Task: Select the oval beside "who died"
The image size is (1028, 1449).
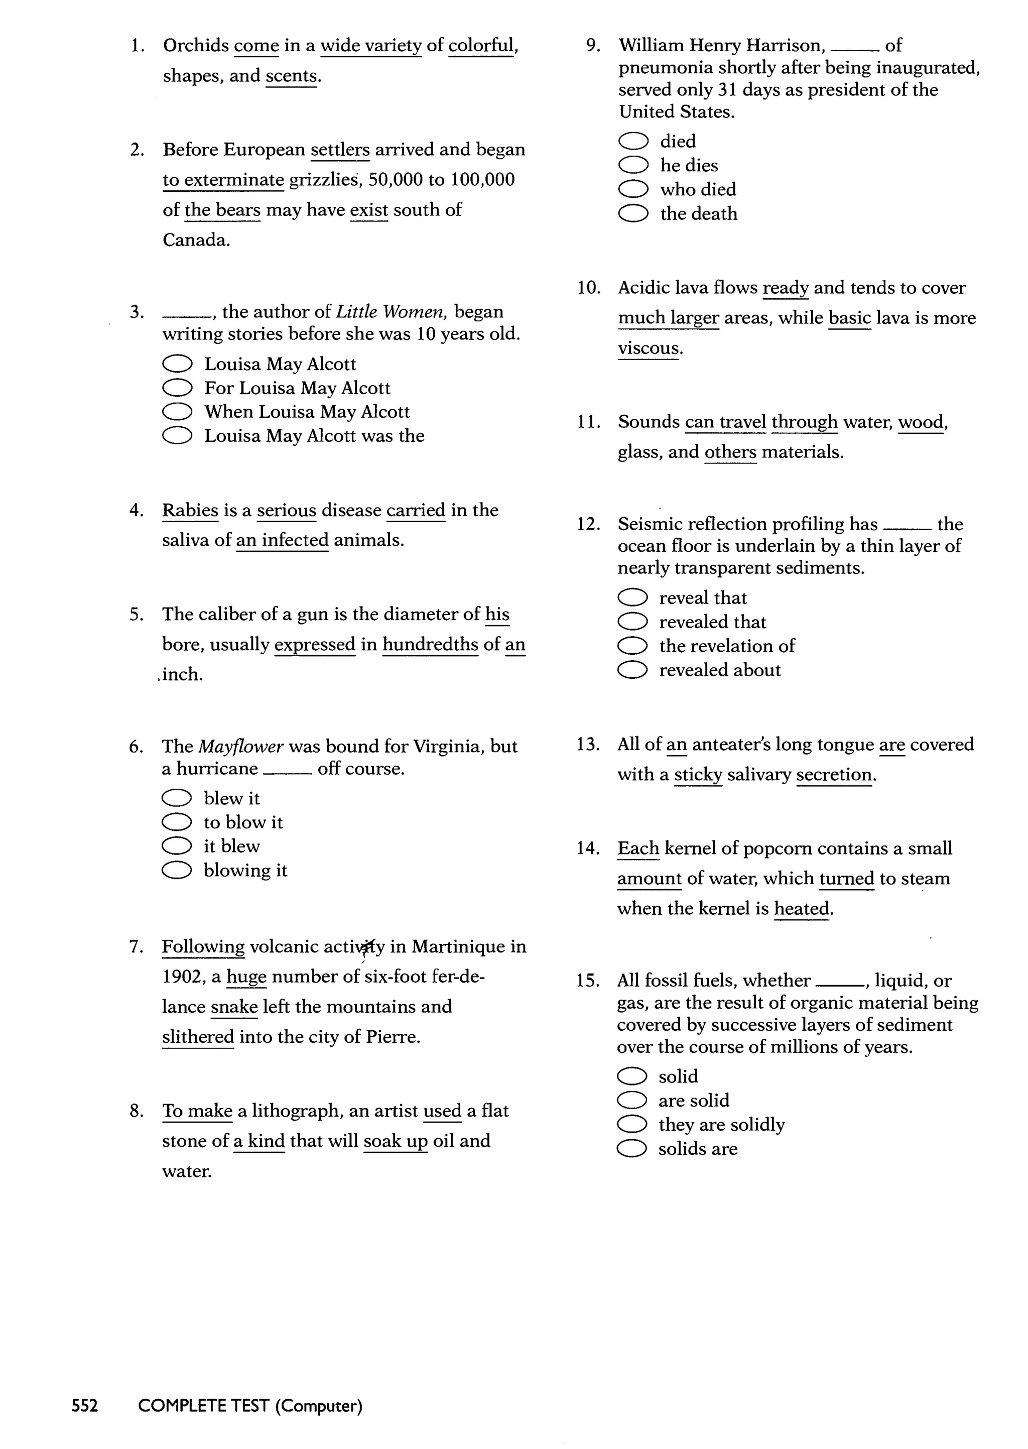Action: pos(633,189)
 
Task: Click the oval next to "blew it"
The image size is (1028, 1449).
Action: pos(177,798)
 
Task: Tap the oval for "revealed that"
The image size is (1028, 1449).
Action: pos(632,622)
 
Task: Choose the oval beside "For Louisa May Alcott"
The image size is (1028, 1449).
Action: pos(177,388)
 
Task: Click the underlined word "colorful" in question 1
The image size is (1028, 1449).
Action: pos(480,46)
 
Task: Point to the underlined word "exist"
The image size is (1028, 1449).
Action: pos(368,209)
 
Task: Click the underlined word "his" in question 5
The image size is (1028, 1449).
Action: pos(497,614)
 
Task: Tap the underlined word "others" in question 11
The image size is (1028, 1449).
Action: pos(730,452)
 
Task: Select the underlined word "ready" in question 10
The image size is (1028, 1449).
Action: pos(786,288)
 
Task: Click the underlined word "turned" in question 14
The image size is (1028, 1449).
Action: pos(846,879)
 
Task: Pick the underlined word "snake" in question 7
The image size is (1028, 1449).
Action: pos(234,1007)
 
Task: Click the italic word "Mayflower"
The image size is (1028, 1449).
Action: pos(240,746)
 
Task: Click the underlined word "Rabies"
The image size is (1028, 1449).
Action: pos(190,510)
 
